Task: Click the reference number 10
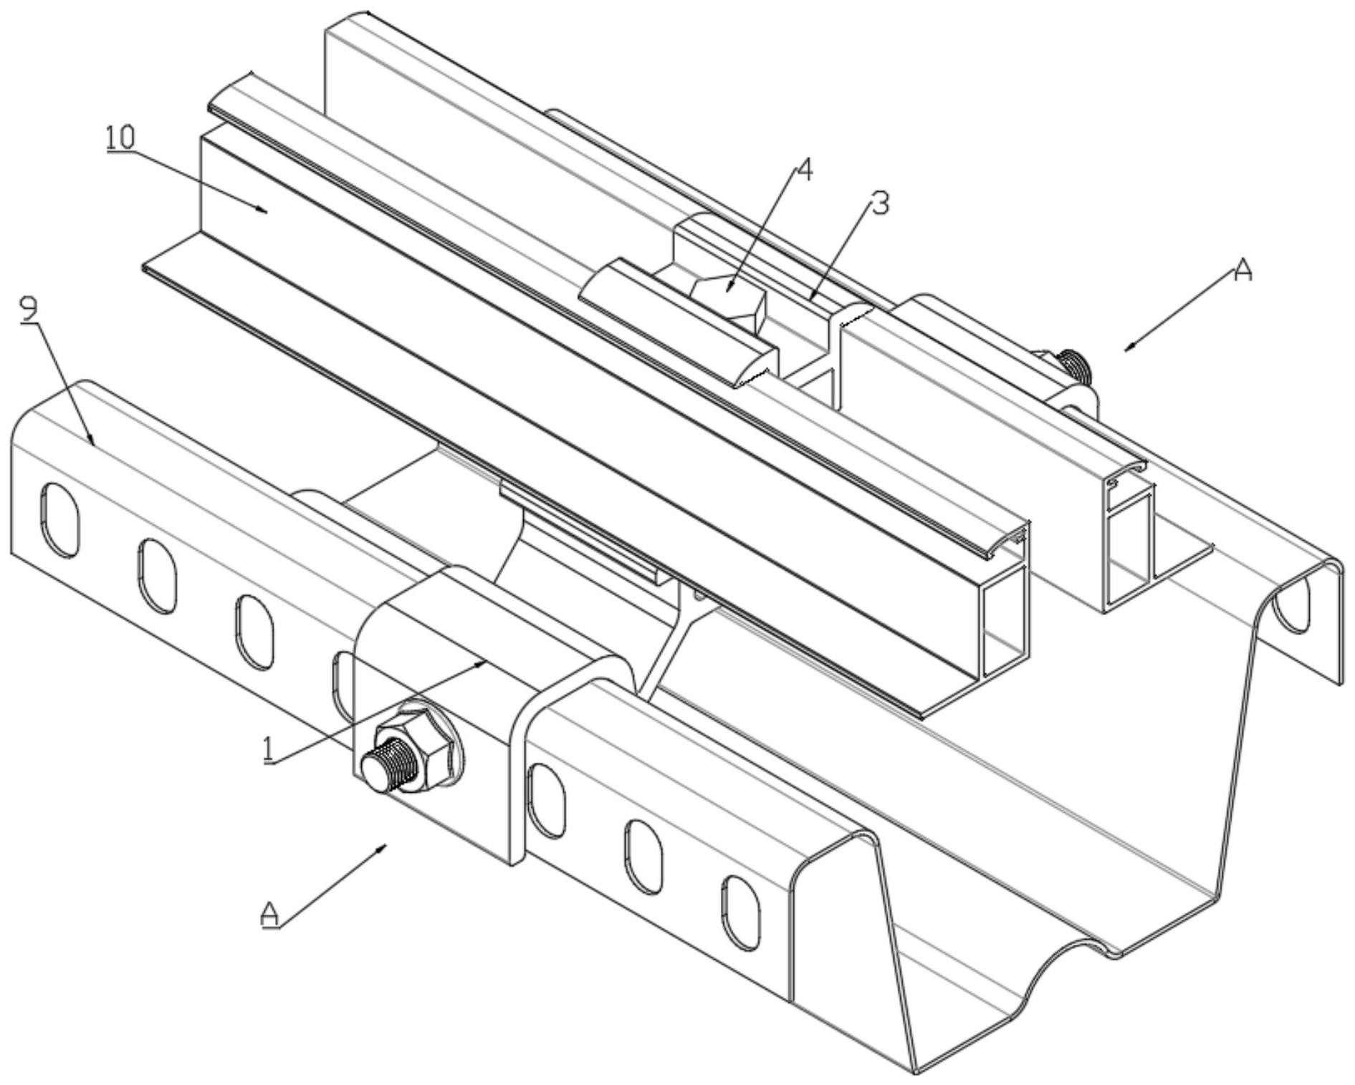coord(120,138)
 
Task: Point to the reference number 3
coord(879,205)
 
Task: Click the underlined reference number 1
coord(269,750)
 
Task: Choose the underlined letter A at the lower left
coord(270,915)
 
